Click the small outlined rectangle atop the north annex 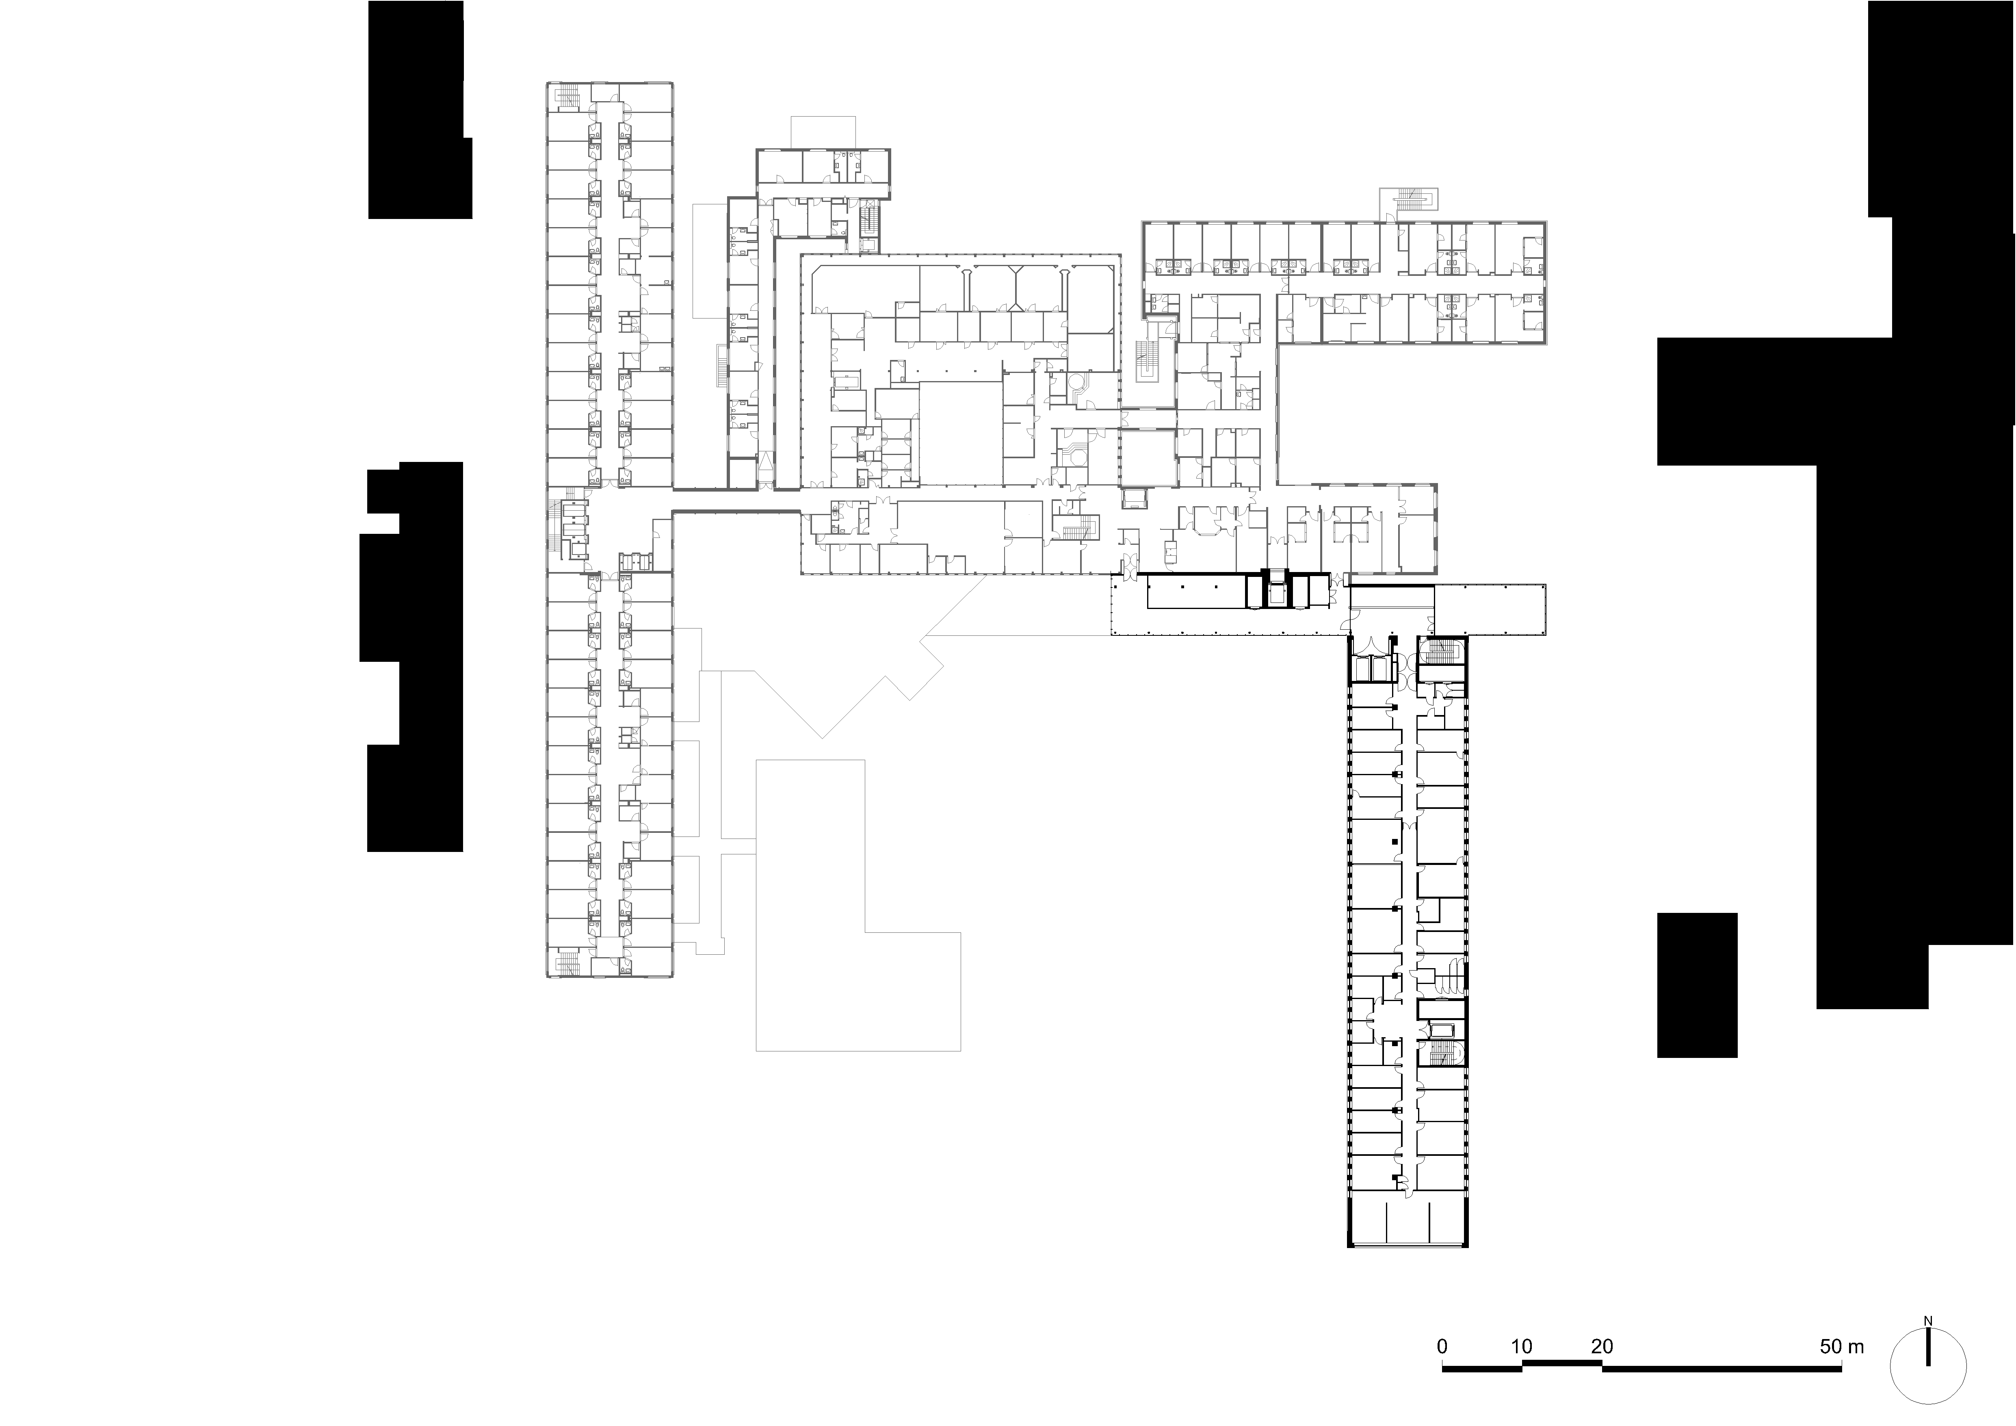tap(823, 132)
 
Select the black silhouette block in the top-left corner tap(417, 110)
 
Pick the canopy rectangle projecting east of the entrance tap(1490, 608)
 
